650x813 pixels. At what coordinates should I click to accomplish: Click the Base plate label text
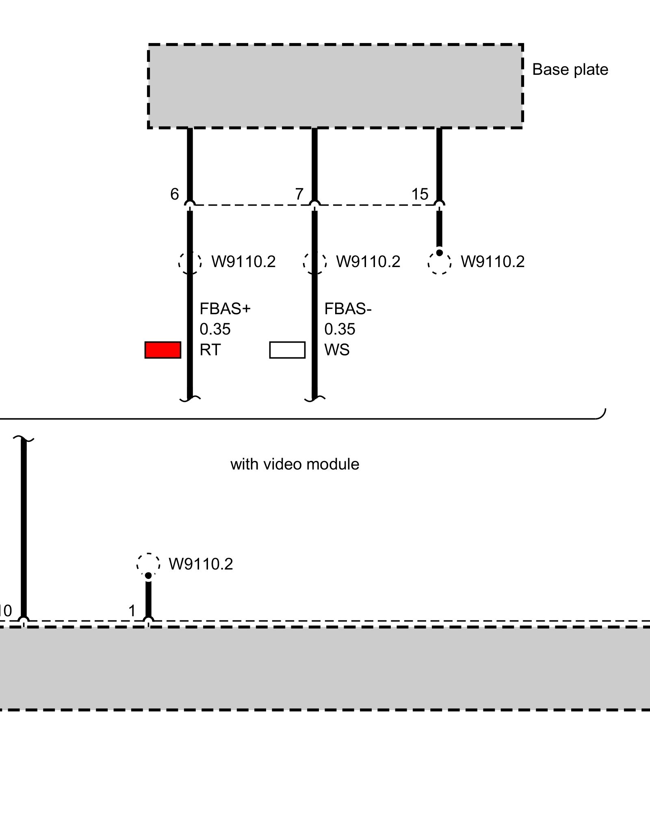[x=570, y=70]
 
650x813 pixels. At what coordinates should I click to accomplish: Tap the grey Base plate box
[x=335, y=86]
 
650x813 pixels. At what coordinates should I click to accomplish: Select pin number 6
[x=174, y=194]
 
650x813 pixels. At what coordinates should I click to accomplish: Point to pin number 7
[x=299, y=194]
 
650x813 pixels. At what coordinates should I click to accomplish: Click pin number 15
[x=420, y=194]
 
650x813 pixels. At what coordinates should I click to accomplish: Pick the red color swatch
[x=163, y=350]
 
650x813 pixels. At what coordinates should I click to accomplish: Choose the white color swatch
[x=287, y=350]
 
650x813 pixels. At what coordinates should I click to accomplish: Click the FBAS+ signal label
[x=225, y=309]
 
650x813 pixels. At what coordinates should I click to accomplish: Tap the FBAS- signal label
[x=348, y=309]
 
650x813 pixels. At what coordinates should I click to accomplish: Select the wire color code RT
[x=210, y=350]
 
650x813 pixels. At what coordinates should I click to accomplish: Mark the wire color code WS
[x=337, y=350]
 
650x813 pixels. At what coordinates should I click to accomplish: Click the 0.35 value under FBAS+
[x=215, y=329]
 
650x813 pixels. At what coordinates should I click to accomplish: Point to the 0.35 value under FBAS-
[x=340, y=329]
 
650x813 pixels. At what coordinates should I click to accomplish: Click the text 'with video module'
[x=295, y=464]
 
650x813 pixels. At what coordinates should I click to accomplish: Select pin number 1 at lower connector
[x=132, y=611]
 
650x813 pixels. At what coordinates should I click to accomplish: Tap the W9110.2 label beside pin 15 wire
[x=492, y=262]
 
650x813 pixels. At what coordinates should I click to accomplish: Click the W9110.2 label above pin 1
[x=201, y=564]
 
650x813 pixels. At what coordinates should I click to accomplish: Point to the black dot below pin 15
[x=439, y=253]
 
